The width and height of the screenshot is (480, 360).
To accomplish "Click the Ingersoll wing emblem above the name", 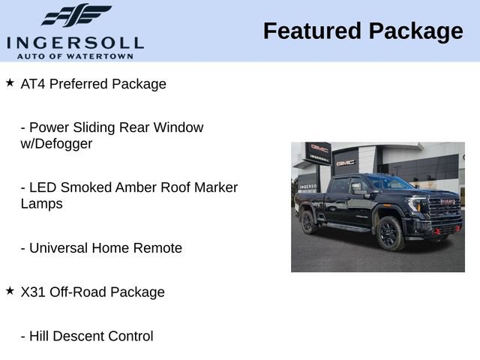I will [75, 16].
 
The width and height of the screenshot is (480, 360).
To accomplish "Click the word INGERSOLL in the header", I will [75, 42].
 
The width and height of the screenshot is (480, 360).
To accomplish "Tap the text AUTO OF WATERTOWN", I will [75, 55].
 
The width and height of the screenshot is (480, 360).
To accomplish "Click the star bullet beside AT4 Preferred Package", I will [10, 82].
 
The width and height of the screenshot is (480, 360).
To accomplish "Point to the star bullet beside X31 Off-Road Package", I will [10, 290].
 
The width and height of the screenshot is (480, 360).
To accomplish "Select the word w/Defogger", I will [56, 144].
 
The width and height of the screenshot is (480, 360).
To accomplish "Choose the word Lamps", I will [41, 204].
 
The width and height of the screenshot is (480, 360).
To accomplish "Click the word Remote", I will [157, 248].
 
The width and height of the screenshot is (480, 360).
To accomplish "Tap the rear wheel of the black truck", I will [308, 222].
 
